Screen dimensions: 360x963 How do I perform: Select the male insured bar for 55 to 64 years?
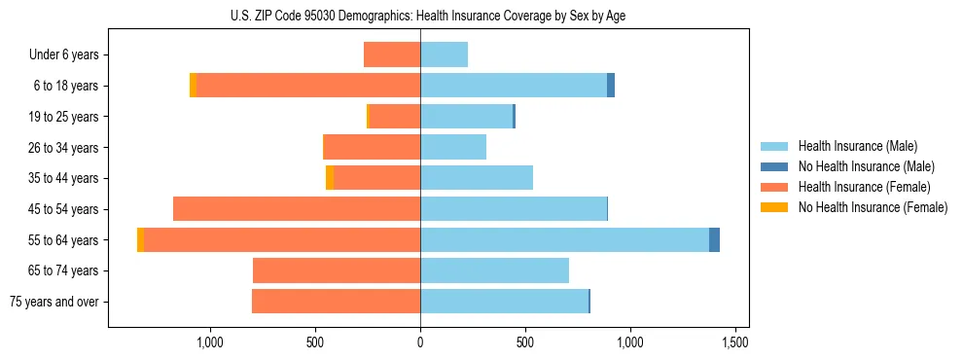564,239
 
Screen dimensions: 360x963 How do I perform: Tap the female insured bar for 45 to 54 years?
297,209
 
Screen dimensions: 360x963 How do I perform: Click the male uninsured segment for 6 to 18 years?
611,86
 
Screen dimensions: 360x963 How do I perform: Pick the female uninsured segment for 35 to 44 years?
330,178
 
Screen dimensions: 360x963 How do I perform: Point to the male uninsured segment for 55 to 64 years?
714,239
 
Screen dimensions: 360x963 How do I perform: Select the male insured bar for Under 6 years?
444,55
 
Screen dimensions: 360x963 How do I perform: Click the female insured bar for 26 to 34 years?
372,147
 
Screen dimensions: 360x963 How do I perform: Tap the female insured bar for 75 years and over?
336,302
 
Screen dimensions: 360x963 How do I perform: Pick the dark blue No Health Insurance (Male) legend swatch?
774,166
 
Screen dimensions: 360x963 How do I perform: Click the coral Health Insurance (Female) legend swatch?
774,187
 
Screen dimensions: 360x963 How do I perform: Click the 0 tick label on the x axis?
420,343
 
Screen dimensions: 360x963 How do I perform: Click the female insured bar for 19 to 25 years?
395,117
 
